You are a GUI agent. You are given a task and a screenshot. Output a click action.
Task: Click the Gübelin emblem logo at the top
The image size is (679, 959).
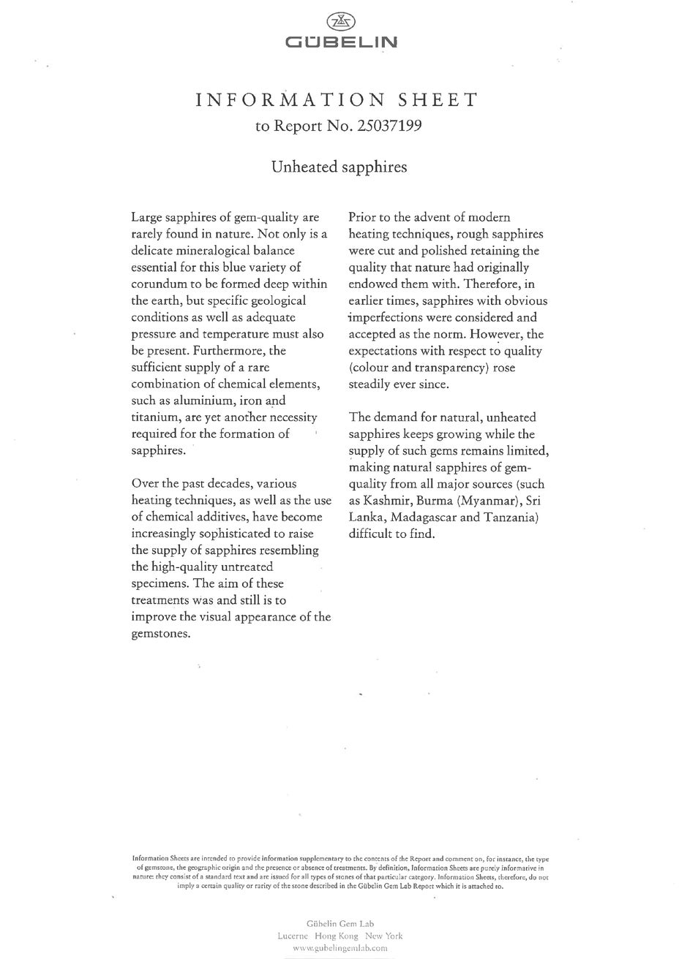pyautogui.click(x=340, y=22)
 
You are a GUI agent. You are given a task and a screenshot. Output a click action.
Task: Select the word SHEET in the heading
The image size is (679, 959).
pyautogui.click(x=437, y=100)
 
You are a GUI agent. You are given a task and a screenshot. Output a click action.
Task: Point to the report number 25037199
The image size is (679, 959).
pyautogui.click(x=389, y=126)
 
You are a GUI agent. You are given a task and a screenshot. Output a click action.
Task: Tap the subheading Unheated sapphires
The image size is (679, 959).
pyautogui.click(x=339, y=167)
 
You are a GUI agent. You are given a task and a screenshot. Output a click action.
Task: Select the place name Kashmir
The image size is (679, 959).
pyautogui.click(x=387, y=501)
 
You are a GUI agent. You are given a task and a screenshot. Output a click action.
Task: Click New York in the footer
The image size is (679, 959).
pyautogui.click(x=384, y=936)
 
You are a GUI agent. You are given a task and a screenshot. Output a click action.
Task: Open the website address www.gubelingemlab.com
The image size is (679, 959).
pyautogui.click(x=339, y=948)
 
